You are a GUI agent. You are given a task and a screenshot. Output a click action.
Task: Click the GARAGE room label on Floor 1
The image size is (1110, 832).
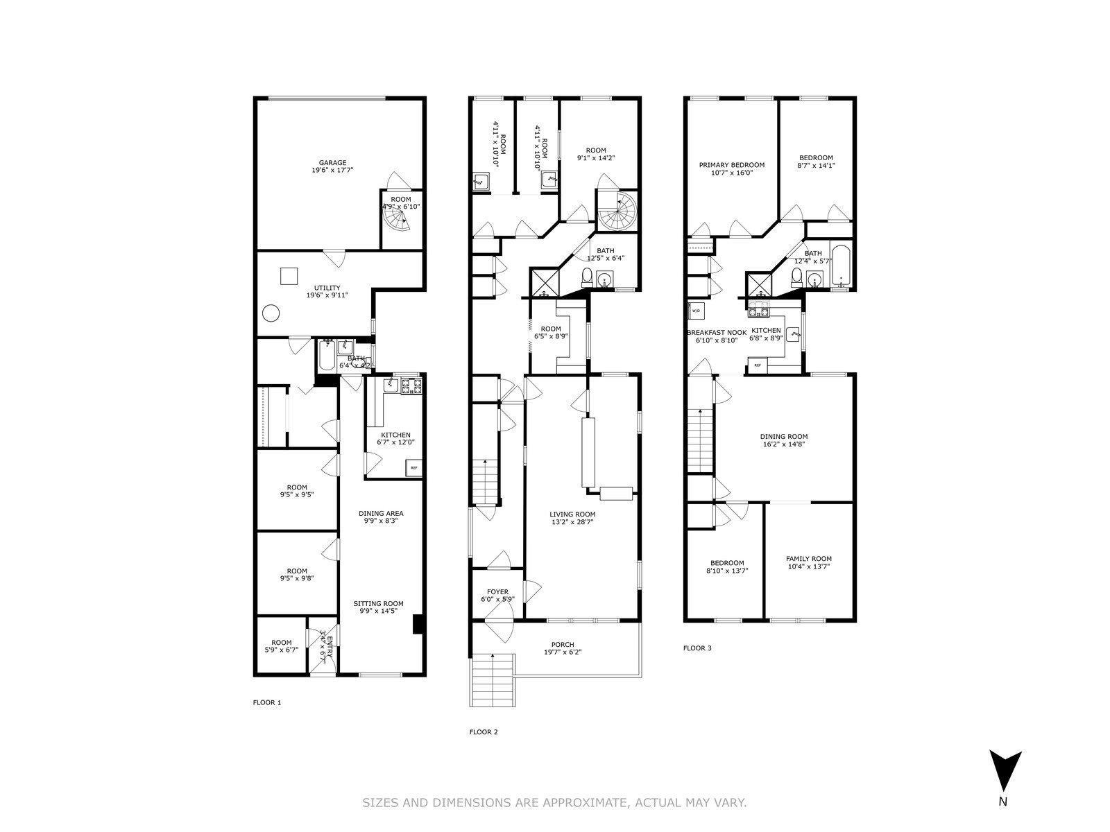click(332, 163)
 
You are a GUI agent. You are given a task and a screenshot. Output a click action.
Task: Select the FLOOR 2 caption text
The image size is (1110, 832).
click(484, 732)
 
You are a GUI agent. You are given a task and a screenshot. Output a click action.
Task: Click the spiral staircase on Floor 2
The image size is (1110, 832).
click(617, 212)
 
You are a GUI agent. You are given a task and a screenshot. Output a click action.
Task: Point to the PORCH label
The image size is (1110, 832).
click(563, 645)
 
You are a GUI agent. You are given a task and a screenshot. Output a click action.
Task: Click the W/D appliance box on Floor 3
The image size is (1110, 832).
click(696, 311)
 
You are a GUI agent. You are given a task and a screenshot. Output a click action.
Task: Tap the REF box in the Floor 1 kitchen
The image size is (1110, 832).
click(414, 468)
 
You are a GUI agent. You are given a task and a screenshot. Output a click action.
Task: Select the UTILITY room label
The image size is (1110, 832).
click(327, 288)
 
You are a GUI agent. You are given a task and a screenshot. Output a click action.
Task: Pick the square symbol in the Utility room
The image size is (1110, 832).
click(289, 275)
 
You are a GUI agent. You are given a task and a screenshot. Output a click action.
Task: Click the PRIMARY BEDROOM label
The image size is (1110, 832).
click(731, 165)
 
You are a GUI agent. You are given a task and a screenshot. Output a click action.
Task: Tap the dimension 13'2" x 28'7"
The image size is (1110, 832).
click(573, 522)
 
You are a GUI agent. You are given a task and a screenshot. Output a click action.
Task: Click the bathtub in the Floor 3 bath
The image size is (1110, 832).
click(841, 266)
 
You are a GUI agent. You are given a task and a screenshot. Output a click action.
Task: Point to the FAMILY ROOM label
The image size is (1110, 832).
click(808, 559)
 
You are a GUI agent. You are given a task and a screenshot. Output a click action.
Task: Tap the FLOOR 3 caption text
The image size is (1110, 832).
click(697, 648)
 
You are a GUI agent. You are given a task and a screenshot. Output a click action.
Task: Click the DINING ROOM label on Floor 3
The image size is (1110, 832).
click(783, 437)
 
